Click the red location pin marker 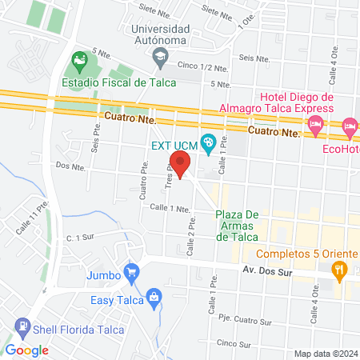181,165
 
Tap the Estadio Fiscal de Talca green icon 79,60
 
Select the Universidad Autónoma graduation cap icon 161,55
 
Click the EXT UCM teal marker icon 208,144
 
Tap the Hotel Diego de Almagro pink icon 316,123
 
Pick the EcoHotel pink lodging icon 350,126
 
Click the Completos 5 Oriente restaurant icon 341,270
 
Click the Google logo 26,350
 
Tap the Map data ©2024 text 325,353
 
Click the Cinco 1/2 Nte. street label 203,66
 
